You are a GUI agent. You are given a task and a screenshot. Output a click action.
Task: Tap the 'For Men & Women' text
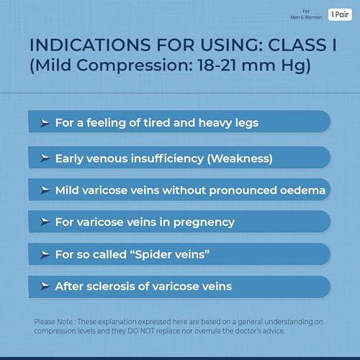[310, 14]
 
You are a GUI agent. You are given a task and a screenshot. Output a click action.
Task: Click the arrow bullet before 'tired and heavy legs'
[45, 123]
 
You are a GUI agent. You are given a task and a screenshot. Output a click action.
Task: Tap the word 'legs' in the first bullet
[244, 123]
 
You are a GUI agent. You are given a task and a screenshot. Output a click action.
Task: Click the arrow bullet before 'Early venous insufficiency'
[45, 157]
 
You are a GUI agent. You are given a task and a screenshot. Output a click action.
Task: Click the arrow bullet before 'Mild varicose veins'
[45, 190]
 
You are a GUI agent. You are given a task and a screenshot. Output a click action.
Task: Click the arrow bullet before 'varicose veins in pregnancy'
[45, 222]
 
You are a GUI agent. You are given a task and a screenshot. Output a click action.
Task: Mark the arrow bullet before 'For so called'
[45, 254]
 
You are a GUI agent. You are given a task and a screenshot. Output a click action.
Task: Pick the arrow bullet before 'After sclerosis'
[45, 287]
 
